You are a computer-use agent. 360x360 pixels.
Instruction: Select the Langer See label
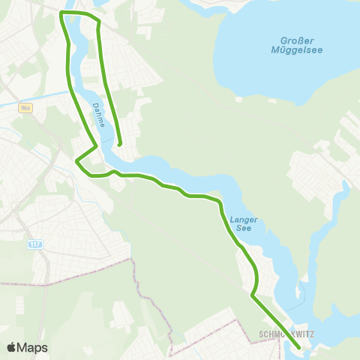coord(244,224)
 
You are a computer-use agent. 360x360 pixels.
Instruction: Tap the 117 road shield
coord(34,244)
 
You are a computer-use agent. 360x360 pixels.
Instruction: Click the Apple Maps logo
coord(27,347)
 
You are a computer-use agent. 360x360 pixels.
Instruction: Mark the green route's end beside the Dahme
coord(120,144)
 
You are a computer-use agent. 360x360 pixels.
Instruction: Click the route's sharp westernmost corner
coord(77,159)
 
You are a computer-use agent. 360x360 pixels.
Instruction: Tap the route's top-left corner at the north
coord(61,14)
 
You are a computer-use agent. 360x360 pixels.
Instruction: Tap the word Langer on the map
coord(244,220)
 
